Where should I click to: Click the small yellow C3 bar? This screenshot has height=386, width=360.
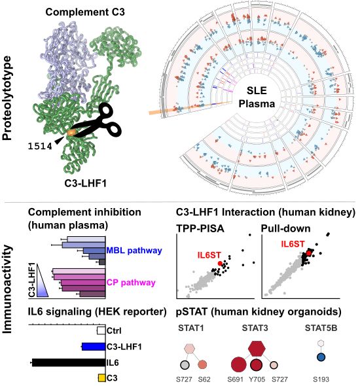pyautogui.click(x=101, y=377)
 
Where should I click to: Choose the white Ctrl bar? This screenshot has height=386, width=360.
pyautogui.click(x=101, y=331)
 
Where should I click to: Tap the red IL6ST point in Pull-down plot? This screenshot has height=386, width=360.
pyautogui.click(x=309, y=251)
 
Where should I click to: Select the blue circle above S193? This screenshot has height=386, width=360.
pyautogui.click(x=321, y=357)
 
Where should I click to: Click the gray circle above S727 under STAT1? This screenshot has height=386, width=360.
pyautogui.click(x=187, y=364)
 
